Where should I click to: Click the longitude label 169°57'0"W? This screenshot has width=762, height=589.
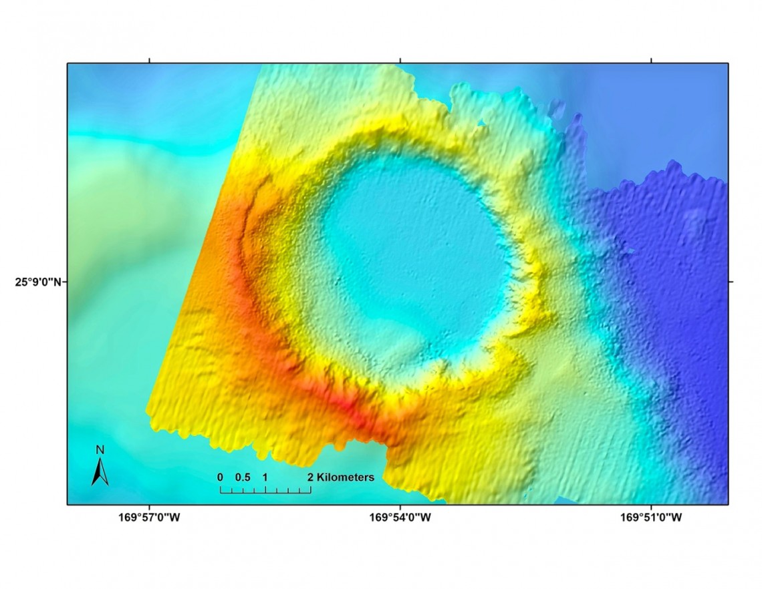click(149, 517)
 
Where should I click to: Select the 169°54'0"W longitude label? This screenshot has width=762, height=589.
click(400, 517)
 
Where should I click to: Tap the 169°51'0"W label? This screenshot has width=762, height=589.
click(652, 517)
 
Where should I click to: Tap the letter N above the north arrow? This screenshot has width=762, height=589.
click(100, 450)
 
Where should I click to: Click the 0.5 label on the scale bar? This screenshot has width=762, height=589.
click(243, 477)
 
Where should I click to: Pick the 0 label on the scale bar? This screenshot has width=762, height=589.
click(220, 477)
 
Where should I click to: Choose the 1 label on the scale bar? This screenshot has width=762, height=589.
click(265, 477)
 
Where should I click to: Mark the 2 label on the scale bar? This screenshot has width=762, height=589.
click(310, 477)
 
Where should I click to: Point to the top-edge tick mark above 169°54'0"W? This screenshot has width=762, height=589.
click(400, 61)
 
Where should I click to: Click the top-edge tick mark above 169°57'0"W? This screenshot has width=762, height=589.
click(149, 61)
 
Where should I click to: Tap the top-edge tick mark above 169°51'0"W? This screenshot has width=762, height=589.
click(652, 61)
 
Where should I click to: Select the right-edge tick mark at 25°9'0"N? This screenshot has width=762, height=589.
click(731, 282)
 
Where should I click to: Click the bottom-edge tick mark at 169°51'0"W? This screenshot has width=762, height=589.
click(652, 507)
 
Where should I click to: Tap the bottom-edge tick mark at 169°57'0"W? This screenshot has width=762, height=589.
click(149, 507)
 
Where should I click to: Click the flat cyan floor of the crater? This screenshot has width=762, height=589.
click(414, 254)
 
